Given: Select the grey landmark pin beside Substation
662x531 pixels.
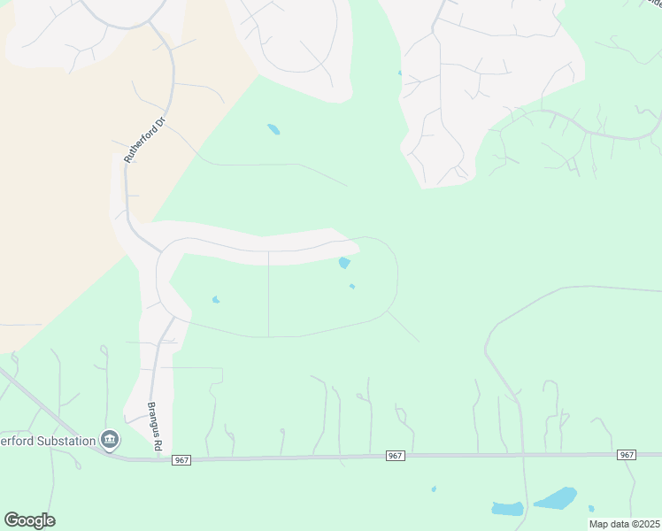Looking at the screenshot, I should tap(110, 440).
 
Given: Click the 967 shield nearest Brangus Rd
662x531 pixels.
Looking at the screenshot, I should tap(181, 460).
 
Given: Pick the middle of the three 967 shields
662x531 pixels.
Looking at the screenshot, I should tap(396, 456).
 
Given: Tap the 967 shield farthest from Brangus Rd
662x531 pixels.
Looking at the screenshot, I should tap(627, 455).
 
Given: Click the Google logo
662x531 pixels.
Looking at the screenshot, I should tap(29, 520).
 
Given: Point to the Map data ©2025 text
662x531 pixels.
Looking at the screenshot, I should tap(624, 524).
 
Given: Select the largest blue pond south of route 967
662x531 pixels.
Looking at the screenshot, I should tap(555, 498).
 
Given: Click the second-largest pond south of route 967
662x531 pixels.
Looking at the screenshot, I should tap(507, 509).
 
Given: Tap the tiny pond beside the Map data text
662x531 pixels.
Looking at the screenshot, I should tap(591, 509).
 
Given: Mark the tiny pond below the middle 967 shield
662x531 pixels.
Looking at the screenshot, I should tap(433, 489).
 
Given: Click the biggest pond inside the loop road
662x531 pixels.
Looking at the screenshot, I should tap(344, 262).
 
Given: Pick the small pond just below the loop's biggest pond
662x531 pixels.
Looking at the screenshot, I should tap(352, 287).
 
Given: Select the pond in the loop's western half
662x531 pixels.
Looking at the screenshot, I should tap(216, 300).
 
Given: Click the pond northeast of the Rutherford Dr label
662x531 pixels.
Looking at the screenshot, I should tap(273, 129).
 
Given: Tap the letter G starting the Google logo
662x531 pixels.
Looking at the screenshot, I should tap(12, 520).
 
